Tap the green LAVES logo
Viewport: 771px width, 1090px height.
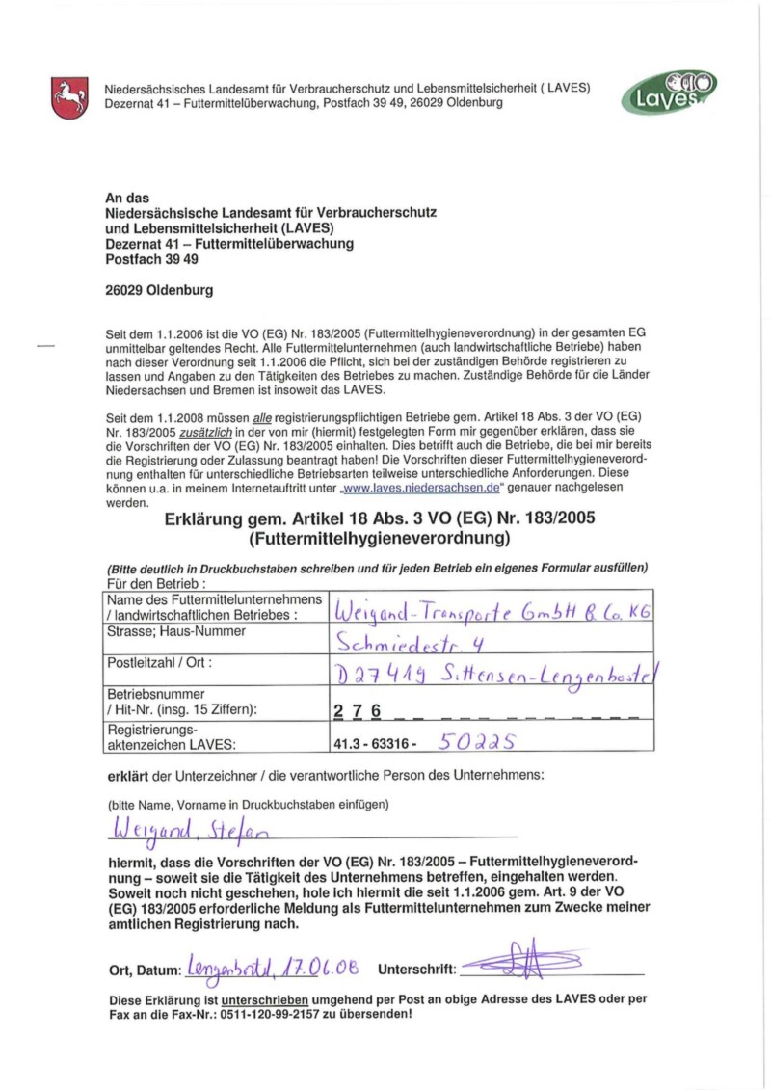coord(669,93)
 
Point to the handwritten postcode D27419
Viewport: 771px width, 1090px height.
coord(378,678)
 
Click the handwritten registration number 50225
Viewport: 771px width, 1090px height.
coord(479,741)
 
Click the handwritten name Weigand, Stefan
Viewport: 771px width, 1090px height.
coord(190,829)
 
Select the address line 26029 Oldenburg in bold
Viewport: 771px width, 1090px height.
coord(159,289)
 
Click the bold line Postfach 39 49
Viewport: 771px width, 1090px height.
coord(151,259)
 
